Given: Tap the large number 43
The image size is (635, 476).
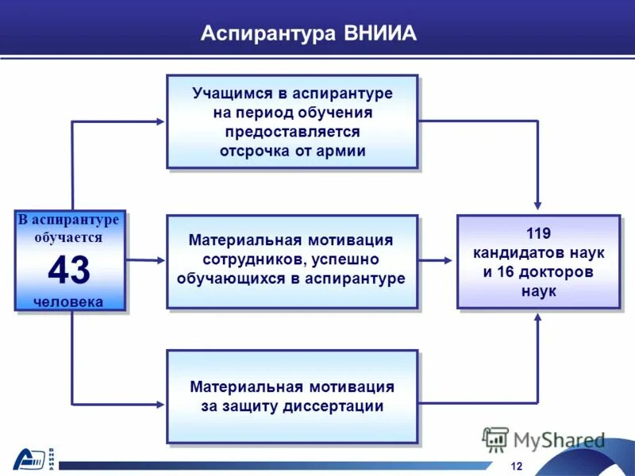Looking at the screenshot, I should (x=69, y=270).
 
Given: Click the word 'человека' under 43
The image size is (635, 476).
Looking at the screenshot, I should (x=69, y=301).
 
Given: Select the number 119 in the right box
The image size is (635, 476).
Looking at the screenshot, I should (x=538, y=233).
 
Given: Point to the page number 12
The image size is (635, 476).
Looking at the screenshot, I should (x=518, y=465).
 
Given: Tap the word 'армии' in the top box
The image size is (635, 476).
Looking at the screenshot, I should (x=342, y=151).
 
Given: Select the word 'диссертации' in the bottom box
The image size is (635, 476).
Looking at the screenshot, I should (x=337, y=406).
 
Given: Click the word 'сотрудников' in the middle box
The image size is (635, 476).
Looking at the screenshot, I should (x=249, y=259).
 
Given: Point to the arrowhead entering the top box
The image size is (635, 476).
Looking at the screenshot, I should (x=160, y=121).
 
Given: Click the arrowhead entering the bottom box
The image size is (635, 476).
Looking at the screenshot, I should (x=160, y=404).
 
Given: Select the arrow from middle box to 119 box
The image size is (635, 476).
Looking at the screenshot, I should (x=437, y=260).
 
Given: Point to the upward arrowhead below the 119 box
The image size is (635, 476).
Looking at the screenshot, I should (x=538, y=317).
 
